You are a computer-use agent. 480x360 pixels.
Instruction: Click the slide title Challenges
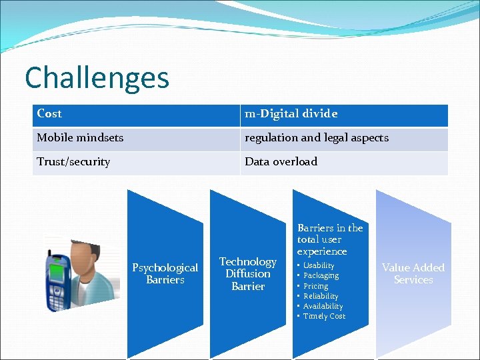(x=97, y=77)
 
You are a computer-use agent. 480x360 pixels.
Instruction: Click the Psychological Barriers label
(x=165, y=273)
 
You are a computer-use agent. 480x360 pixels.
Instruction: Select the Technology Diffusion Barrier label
(x=248, y=273)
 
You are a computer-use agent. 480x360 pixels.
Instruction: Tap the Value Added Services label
(x=413, y=273)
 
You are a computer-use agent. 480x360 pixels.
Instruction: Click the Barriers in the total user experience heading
(x=329, y=239)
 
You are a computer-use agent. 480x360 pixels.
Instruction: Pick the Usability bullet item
(x=319, y=265)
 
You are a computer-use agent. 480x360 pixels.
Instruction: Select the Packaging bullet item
(x=321, y=275)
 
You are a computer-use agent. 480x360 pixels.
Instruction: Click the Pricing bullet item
(x=316, y=286)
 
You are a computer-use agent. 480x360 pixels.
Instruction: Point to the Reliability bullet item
(x=321, y=296)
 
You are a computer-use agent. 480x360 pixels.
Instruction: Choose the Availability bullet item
(x=323, y=306)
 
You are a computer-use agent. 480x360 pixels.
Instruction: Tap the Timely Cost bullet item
(x=324, y=316)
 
